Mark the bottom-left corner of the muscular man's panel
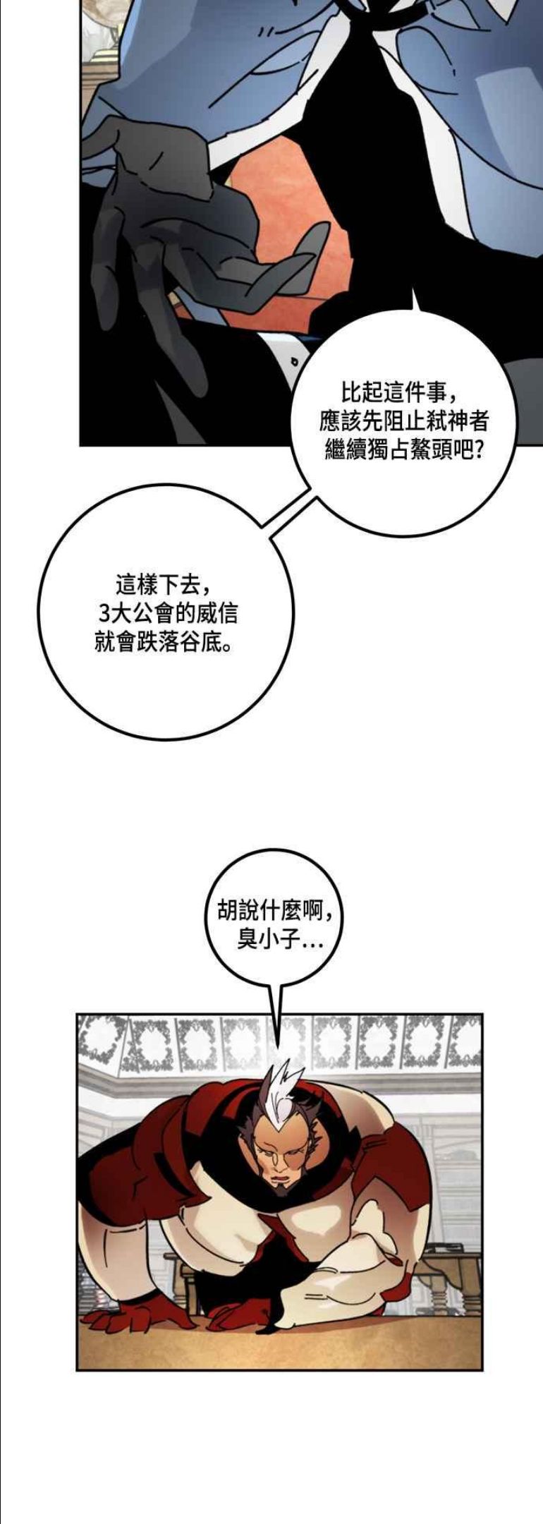coord(77,1369)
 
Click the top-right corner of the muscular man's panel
coord(482,1015)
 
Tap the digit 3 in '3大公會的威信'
coord(105,613)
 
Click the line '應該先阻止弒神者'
coord(404,421)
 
